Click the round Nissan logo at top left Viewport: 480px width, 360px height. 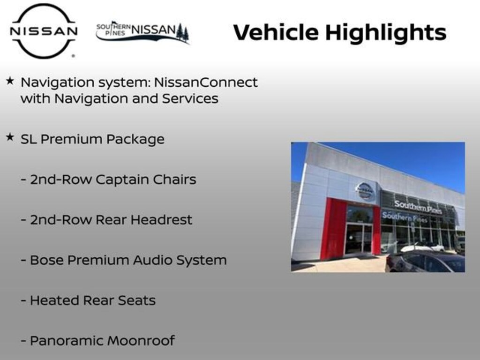pyautogui.click(x=44, y=31)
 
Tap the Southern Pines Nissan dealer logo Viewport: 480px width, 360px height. pyautogui.click(x=142, y=32)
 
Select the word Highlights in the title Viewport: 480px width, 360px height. pyautogui.click(x=385, y=33)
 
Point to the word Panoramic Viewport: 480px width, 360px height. pyautogui.click(x=70, y=341)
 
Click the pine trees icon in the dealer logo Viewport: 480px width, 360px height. pyautogui.click(x=182, y=33)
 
